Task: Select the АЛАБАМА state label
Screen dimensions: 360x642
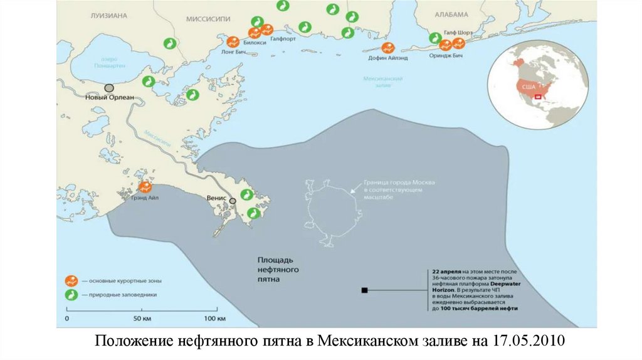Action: (x=451, y=14)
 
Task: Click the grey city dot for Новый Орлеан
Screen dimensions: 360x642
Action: (x=109, y=88)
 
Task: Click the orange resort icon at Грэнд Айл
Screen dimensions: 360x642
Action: (x=145, y=187)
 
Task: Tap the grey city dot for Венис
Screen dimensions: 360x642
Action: (x=233, y=201)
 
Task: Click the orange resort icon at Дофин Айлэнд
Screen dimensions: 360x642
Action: (x=388, y=48)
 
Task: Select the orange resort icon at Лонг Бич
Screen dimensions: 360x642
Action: (x=233, y=42)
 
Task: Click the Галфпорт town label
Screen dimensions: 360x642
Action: (x=283, y=38)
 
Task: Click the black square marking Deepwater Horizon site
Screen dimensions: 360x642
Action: (x=364, y=290)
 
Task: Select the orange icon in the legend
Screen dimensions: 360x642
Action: (x=71, y=280)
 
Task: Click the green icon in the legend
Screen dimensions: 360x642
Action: (x=71, y=294)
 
